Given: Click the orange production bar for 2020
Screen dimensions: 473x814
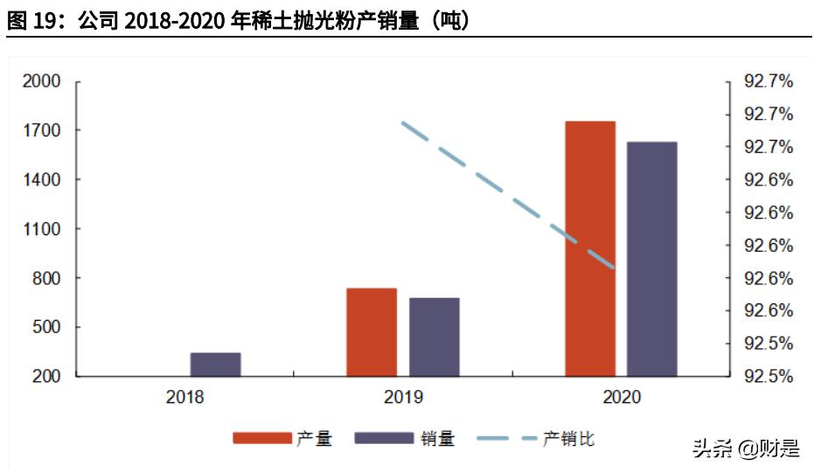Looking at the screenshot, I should (x=590, y=249).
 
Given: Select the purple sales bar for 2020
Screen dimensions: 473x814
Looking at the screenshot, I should (x=652, y=259).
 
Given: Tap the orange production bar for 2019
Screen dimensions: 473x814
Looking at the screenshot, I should (x=372, y=332).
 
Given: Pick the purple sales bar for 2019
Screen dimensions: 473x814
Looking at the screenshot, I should (x=435, y=337).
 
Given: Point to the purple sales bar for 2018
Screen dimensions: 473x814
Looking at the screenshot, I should (x=215, y=365).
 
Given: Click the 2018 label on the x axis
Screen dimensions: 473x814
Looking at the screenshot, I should (x=184, y=398).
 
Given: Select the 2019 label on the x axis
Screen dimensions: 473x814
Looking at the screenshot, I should (x=403, y=398).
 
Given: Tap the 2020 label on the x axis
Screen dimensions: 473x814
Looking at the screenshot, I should (x=622, y=398).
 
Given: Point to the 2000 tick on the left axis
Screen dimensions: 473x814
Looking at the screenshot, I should (x=41, y=81).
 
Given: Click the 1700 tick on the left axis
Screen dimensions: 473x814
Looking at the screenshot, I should (x=41, y=131).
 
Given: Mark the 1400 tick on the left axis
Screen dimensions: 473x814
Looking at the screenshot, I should (x=41, y=180).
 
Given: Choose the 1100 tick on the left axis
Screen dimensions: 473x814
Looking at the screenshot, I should (x=41, y=229).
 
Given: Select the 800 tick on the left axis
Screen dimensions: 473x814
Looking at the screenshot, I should (x=45, y=278).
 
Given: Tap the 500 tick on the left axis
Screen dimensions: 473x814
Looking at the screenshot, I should (x=45, y=328).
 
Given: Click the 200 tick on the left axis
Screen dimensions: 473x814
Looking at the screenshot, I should (x=45, y=377).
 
